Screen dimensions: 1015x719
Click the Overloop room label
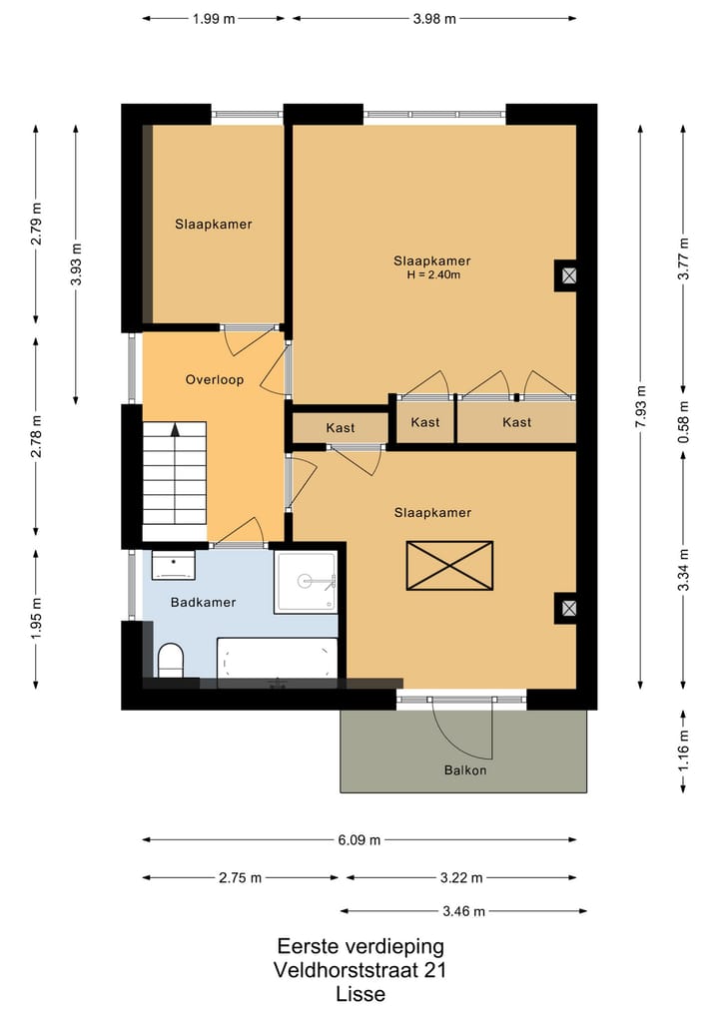coord(214,379)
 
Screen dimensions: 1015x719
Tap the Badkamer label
coord(203,602)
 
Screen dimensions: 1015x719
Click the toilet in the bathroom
coord(171,660)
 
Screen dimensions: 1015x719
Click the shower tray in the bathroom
coord(307,580)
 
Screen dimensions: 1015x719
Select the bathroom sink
coord(174,565)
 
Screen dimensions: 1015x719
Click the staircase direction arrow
coord(176,430)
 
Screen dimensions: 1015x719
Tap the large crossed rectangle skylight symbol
coord(449,566)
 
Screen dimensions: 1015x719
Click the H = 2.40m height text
coord(431,275)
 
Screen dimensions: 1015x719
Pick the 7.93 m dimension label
coord(641,405)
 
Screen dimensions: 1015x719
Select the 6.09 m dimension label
coord(359,839)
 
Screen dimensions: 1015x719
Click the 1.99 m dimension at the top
coord(213,18)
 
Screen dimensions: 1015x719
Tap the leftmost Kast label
coord(341,428)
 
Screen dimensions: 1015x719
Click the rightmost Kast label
coord(516,422)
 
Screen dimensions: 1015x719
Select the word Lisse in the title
coord(359,994)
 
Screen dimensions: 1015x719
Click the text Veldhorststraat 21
coord(359,970)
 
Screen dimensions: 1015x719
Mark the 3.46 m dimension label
coord(463,911)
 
